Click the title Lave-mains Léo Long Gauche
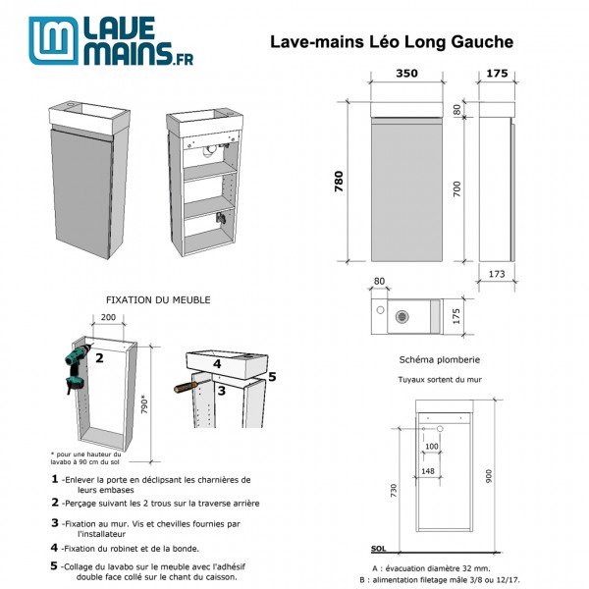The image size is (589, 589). coord(391,42)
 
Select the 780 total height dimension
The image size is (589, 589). coord(339,182)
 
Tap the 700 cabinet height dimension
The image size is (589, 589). coord(456,189)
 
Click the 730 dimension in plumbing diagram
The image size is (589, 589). coord(395,490)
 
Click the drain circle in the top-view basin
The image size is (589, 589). coord(401,316)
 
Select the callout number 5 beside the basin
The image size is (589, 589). coord(272,374)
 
